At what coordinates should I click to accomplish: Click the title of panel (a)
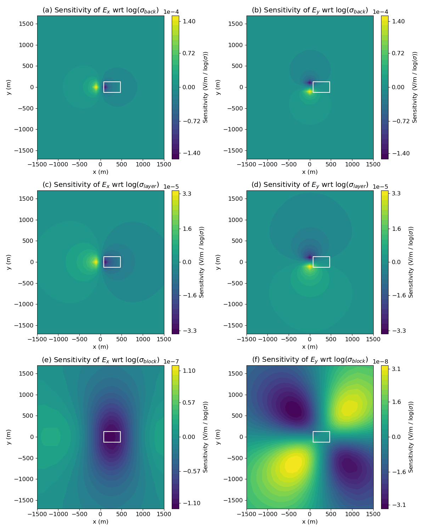[x=101, y=10]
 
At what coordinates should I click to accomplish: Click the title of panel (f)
[x=310, y=360]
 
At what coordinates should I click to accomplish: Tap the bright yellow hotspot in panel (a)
[x=96, y=87]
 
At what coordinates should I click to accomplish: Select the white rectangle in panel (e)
[x=112, y=437]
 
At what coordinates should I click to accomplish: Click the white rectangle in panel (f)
[x=321, y=437]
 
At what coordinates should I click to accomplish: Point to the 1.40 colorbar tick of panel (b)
[x=399, y=21]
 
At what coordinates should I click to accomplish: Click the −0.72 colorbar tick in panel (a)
[x=192, y=121]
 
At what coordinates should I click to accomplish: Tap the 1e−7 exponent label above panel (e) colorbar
[x=171, y=361]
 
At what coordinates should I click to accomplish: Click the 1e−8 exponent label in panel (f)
[x=380, y=361]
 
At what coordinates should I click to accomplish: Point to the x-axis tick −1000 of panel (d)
[x=268, y=339]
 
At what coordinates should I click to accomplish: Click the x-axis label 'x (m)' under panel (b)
[x=310, y=172]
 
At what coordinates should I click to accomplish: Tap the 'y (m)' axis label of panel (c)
[x=8, y=262]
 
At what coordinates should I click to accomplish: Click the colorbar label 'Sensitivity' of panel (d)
[x=411, y=262]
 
